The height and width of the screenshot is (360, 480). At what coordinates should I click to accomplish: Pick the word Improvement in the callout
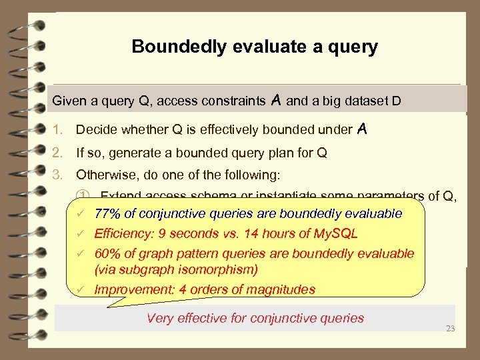(131, 289)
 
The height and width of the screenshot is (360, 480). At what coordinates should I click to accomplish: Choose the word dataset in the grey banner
(368, 101)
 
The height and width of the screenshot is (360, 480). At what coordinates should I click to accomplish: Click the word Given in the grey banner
(69, 101)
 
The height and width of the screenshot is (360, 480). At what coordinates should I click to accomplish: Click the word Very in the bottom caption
(160, 318)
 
